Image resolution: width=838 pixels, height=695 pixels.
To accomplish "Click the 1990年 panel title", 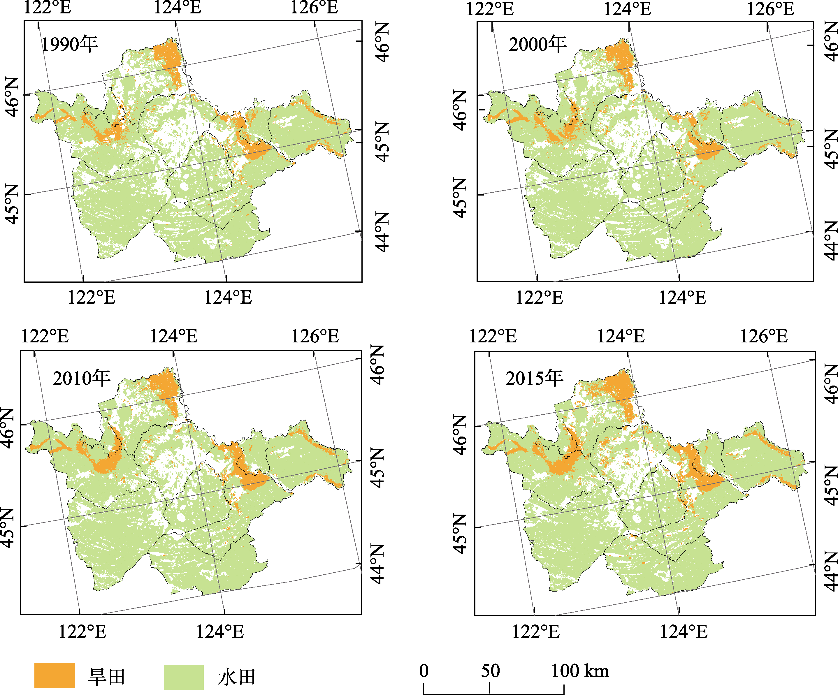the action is point(70,44).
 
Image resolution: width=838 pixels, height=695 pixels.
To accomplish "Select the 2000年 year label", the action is point(537,44).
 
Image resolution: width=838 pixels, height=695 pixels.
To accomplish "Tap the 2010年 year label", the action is point(81,378).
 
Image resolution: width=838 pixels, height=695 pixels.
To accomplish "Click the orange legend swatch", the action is point(55,675).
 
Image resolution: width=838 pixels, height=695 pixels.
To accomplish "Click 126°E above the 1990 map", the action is point(314,8).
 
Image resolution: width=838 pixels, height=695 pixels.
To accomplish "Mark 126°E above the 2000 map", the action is point(770,9).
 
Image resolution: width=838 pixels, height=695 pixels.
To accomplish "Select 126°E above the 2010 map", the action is point(315,336).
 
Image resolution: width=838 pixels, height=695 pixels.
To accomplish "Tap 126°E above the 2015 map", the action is point(764,336).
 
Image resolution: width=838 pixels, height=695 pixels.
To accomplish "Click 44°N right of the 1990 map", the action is point(382,232).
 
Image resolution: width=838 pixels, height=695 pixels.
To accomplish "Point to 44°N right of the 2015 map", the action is point(830,572).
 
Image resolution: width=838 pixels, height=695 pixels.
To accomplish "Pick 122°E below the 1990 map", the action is point(92,297).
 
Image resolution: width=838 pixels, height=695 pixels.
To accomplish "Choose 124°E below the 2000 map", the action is point(682,298).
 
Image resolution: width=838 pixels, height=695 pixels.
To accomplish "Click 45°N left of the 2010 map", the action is point(8,527).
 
